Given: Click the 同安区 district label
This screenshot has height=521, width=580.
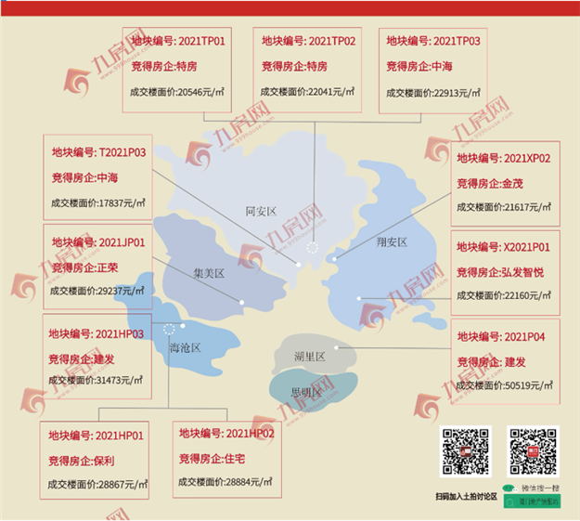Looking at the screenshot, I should (x=261, y=212).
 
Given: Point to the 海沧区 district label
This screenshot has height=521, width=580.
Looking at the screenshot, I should (x=185, y=347).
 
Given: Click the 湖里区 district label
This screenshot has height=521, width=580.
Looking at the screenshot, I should (x=309, y=357).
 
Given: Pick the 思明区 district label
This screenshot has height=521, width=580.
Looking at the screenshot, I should (x=305, y=392).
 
